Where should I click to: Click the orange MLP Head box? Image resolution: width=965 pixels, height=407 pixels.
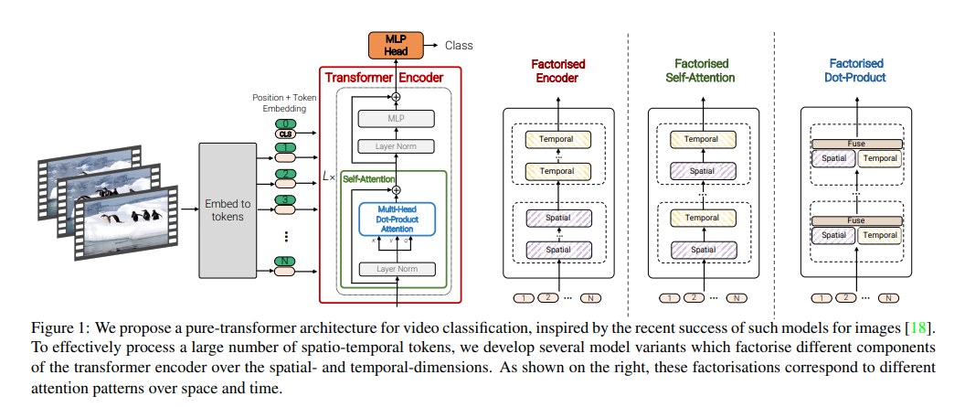396,46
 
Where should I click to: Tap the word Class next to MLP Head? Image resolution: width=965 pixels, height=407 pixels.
459,45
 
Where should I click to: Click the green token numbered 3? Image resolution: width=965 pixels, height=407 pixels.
285,199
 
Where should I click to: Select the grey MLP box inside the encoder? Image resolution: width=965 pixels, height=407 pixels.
397,119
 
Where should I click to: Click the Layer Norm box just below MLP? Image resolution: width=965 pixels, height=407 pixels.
397,146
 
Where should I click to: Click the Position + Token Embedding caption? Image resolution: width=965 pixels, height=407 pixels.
285,102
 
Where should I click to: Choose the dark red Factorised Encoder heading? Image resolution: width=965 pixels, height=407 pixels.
558,70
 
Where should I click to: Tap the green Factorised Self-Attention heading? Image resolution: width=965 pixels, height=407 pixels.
701,70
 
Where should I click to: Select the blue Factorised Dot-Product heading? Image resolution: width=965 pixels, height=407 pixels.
856,70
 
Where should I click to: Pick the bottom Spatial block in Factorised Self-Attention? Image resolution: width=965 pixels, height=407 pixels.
702,249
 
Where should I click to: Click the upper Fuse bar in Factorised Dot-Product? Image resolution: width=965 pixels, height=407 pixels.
855,144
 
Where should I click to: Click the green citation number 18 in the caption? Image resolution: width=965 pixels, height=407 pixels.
923,327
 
